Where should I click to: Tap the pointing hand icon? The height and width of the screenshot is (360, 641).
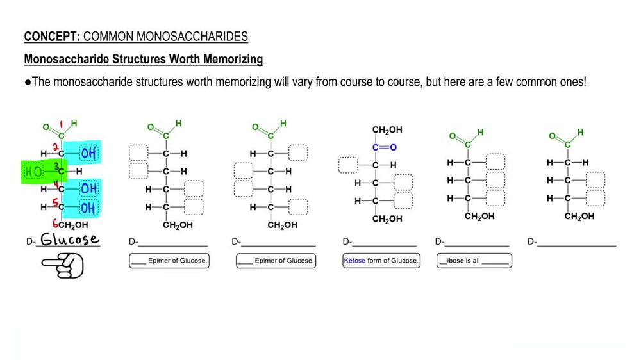pos(63,266)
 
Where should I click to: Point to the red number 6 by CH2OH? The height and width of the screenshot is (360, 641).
pos(56,225)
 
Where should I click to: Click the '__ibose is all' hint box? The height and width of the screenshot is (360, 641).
pos(474,261)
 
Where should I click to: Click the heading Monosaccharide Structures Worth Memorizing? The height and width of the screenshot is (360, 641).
pos(144,60)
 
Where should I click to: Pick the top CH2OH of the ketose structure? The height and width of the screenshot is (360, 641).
pos(387,130)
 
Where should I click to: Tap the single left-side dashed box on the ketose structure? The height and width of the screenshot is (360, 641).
pos(348,165)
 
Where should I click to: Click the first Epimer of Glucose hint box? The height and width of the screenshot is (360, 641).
pos(169,261)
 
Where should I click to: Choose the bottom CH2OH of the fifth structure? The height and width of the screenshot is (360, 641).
pos(479,217)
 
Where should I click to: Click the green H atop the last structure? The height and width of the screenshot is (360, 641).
pos(580,133)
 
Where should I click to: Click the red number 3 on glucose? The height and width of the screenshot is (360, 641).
pos(56,167)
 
